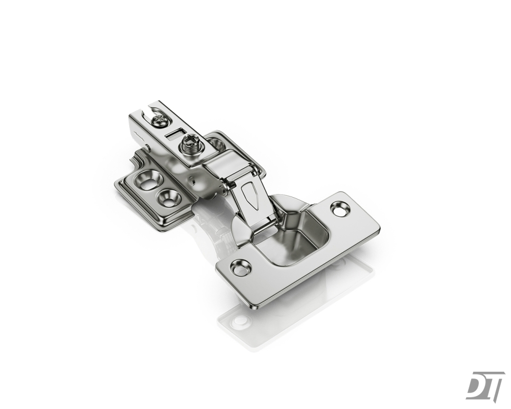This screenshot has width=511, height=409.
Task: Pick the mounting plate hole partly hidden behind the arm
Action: click(x=216, y=142)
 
